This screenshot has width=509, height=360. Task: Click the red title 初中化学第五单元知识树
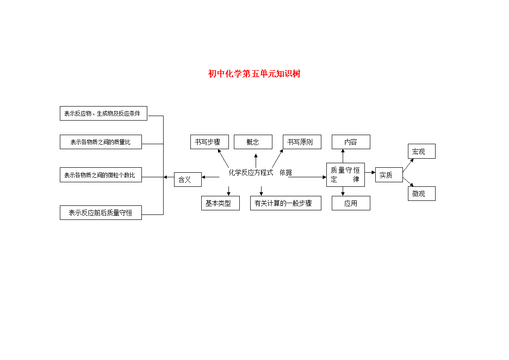tap(254, 74)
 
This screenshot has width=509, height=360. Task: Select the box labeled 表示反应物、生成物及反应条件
tap(103, 113)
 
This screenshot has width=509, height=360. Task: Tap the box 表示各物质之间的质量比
tap(101, 142)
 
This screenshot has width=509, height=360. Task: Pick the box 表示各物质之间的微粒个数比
tap(101, 175)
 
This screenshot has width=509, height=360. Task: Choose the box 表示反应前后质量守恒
tap(101, 213)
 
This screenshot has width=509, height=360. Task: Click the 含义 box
tap(188, 180)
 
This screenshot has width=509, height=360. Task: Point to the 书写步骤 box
tap(209, 142)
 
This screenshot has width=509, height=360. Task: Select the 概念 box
tap(253, 142)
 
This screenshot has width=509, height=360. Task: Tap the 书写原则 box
tap(302, 142)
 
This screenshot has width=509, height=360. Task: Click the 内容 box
tap(351, 142)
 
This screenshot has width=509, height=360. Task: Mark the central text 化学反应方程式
tap(251, 172)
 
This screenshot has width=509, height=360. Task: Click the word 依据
tap(286, 172)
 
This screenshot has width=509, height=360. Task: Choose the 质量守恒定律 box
tap(345, 175)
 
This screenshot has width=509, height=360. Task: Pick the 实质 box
tap(389, 175)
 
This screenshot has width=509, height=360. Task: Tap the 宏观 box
tap(422, 151)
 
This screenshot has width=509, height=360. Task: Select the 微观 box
tap(422, 194)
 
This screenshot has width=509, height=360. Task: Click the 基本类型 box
tap(220, 203)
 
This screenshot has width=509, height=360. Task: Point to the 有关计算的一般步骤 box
tap(286, 203)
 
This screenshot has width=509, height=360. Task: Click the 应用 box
tap(351, 203)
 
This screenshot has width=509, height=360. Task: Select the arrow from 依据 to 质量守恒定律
tap(307, 177)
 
